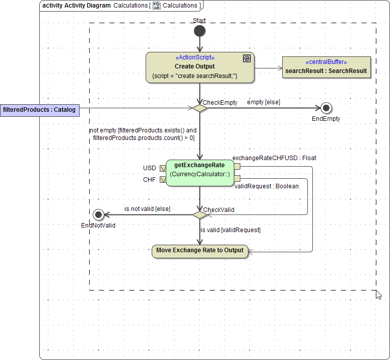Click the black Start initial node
(x=200, y=31)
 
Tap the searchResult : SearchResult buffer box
(x=326, y=68)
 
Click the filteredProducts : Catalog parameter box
(x=39, y=109)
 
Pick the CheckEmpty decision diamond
(x=200, y=108)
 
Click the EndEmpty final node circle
(x=326, y=108)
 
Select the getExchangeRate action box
(x=200, y=173)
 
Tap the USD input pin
(x=163, y=168)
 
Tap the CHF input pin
(x=163, y=179)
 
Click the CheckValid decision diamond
(x=200, y=214)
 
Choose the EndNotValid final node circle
(x=98, y=214)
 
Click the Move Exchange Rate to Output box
(x=200, y=251)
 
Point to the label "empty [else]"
(x=264, y=102)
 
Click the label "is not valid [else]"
(x=147, y=208)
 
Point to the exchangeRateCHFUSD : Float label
(x=274, y=158)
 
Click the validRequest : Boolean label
(x=267, y=186)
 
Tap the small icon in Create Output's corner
(x=246, y=58)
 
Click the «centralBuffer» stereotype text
(x=326, y=62)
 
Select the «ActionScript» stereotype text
(x=194, y=57)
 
